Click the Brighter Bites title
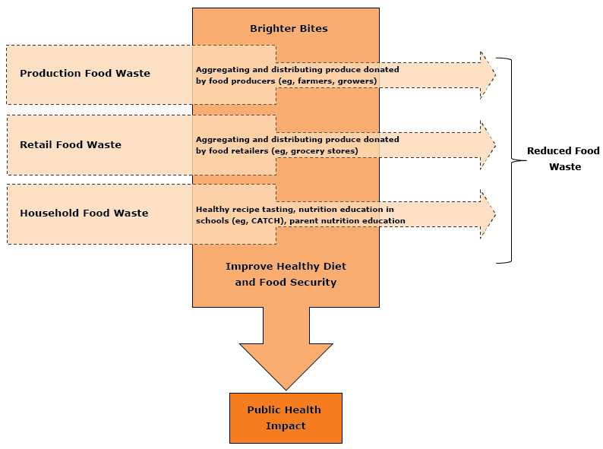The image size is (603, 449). [289, 29]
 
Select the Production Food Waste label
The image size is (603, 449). [85, 74]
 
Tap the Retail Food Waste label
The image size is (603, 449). [71, 144]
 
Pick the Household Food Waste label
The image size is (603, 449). [84, 213]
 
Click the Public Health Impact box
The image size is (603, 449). [286, 418]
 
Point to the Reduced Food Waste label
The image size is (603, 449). [563, 159]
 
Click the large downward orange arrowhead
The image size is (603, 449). [286, 365]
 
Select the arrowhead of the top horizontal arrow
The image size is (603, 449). [487, 74]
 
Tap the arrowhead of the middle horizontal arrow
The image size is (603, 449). [487, 144]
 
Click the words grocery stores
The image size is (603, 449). [330, 151]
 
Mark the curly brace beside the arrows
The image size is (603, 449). [510, 160]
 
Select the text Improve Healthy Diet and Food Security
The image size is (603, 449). [286, 274]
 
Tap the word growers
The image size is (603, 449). [357, 81]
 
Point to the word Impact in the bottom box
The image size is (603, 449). [286, 426]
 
